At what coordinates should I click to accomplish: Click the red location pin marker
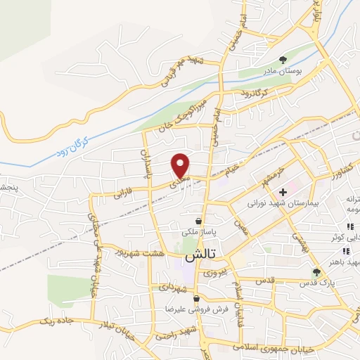181,165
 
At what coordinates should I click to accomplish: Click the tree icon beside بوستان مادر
283,60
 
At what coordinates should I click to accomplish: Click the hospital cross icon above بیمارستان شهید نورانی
283,191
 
